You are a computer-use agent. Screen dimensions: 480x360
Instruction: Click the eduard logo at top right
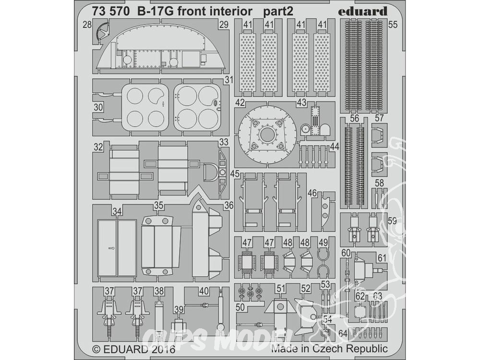point(363,12)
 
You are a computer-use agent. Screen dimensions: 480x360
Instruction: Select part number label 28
point(87,24)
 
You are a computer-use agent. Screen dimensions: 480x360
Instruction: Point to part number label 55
point(393,24)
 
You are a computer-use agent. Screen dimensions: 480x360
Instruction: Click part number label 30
point(98,108)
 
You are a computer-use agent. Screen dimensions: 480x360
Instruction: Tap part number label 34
point(117,211)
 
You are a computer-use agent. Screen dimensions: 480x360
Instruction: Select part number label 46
point(312,193)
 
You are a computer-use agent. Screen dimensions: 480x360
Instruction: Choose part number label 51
point(281,288)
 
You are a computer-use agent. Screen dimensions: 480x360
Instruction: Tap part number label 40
point(204,291)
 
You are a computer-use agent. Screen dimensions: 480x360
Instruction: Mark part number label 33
point(224,143)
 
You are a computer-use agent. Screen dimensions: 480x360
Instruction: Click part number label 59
point(393,220)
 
